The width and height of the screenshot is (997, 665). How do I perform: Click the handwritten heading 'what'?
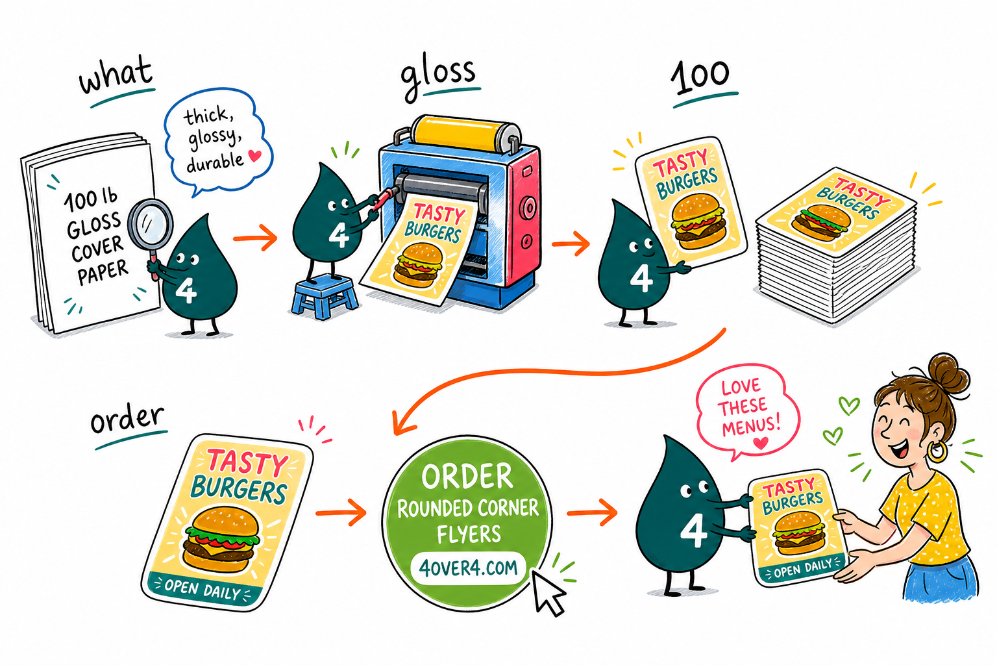tap(117, 75)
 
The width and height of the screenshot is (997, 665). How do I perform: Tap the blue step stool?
tap(325, 295)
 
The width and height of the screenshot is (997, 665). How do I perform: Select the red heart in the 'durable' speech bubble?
tap(255, 155)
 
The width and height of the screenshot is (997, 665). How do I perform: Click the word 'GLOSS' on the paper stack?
tap(94, 225)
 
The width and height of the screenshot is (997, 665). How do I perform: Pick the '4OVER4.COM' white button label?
tap(468, 568)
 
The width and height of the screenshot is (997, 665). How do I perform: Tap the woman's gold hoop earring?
tap(937, 451)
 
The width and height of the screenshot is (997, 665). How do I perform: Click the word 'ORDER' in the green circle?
tap(467, 477)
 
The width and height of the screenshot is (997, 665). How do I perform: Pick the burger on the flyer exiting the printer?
tap(419, 264)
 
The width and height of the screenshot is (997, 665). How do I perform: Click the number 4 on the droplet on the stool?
tap(339, 236)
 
